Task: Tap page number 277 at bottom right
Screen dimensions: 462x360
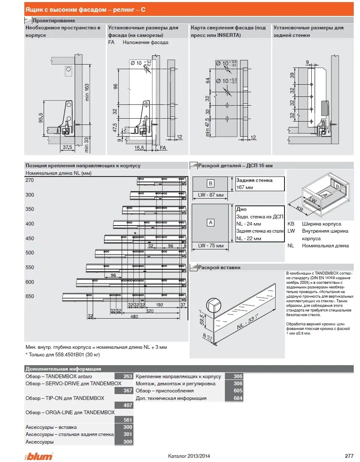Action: [349, 456]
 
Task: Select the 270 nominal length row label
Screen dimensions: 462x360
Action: [30, 180]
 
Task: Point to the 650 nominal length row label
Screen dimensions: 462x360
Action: [30, 296]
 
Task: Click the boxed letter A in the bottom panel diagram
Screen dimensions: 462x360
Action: [211, 223]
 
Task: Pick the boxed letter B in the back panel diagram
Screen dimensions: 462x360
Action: [211, 183]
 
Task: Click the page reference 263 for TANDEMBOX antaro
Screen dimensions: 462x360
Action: [128, 376]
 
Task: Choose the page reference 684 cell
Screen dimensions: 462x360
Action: [238, 398]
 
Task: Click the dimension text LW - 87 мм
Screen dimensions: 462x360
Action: [211, 195]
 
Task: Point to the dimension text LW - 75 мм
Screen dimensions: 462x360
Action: [211, 246]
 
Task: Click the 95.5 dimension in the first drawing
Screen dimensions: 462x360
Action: [41, 119]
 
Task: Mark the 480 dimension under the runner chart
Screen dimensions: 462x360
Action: [134, 317]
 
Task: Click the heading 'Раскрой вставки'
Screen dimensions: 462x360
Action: [219, 267]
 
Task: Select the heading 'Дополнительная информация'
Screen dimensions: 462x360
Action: [63, 369]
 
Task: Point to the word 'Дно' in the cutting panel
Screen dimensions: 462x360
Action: [241, 209]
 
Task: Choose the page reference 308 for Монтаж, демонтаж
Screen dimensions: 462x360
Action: [238, 384]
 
